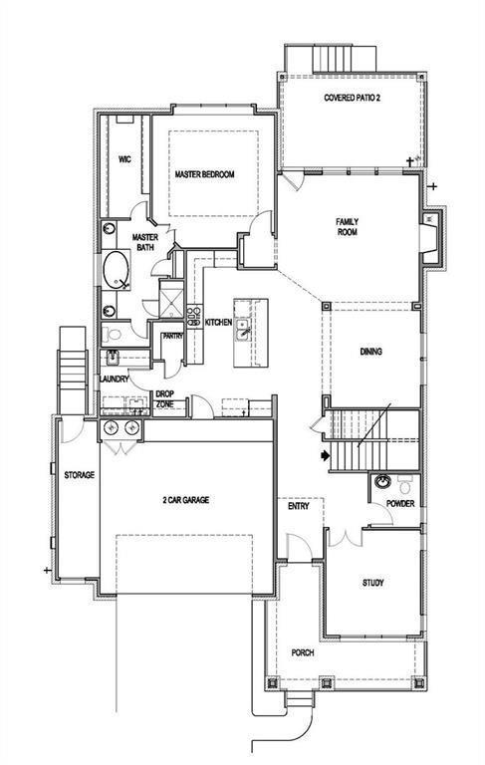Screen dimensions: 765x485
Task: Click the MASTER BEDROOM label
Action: pos(204,174)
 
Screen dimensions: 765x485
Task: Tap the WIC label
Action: pos(124,158)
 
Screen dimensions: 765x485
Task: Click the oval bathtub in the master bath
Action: pos(115,270)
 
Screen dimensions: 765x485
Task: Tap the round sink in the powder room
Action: pos(382,484)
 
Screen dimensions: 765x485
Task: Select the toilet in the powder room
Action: pos(405,483)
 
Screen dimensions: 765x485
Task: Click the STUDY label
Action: pos(372,583)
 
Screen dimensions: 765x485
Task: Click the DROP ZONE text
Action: pos(164,399)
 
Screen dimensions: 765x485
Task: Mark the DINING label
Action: pos(370,352)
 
